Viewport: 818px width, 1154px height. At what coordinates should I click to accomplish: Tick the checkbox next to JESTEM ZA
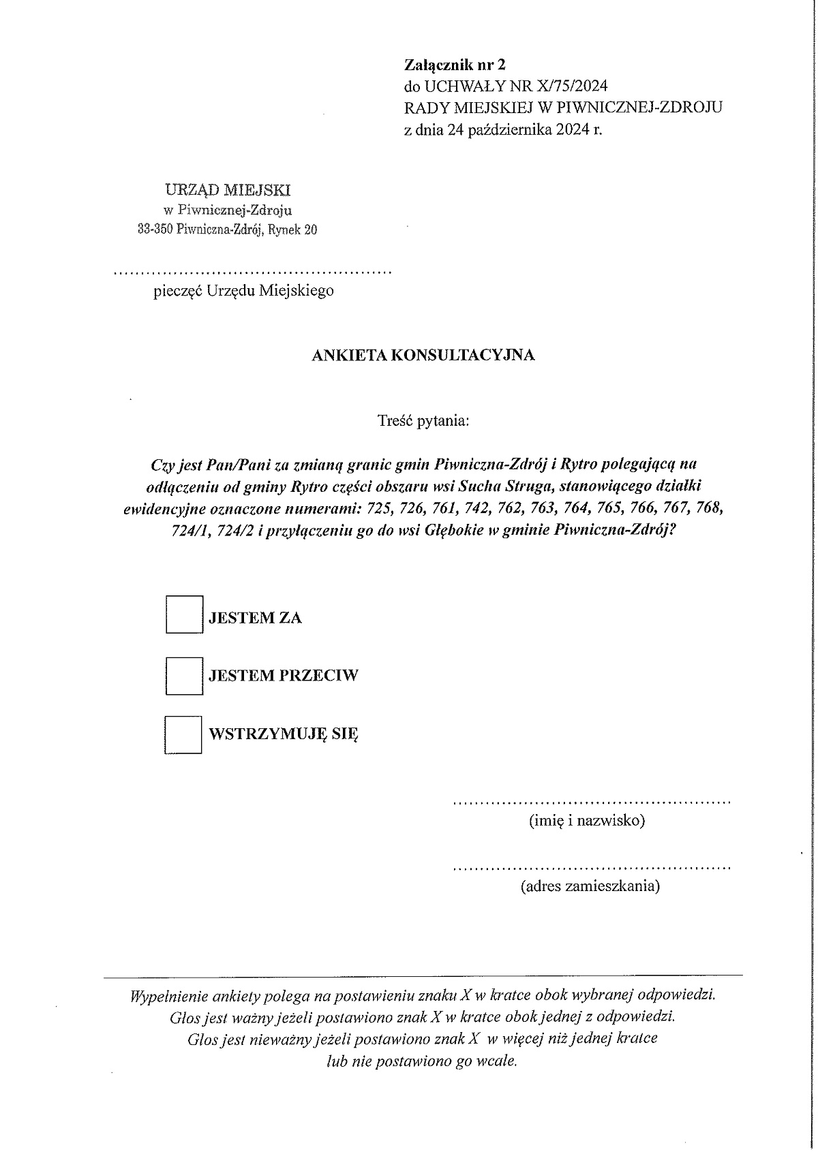[x=184, y=614]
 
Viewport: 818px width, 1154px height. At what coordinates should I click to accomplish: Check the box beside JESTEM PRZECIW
[x=184, y=675]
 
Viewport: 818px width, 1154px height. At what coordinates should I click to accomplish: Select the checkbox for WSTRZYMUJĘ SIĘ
[x=183, y=734]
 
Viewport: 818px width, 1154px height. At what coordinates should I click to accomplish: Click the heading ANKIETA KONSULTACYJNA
[x=423, y=355]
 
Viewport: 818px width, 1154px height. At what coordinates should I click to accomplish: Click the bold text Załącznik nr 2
[x=455, y=65]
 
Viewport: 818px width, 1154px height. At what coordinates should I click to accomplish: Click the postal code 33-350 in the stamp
[x=154, y=230]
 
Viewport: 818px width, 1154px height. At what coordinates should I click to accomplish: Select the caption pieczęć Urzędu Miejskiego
[x=244, y=291]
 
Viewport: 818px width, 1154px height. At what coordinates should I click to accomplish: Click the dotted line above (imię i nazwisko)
[x=592, y=802]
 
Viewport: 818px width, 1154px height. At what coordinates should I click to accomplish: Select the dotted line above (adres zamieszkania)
[x=592, y=869]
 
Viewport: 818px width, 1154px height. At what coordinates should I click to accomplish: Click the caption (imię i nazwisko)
[x=586, y=820]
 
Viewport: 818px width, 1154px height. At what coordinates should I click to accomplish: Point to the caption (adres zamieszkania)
[x=590, y=886]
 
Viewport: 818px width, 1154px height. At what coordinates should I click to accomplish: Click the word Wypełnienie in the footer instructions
[x=168, y=995]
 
